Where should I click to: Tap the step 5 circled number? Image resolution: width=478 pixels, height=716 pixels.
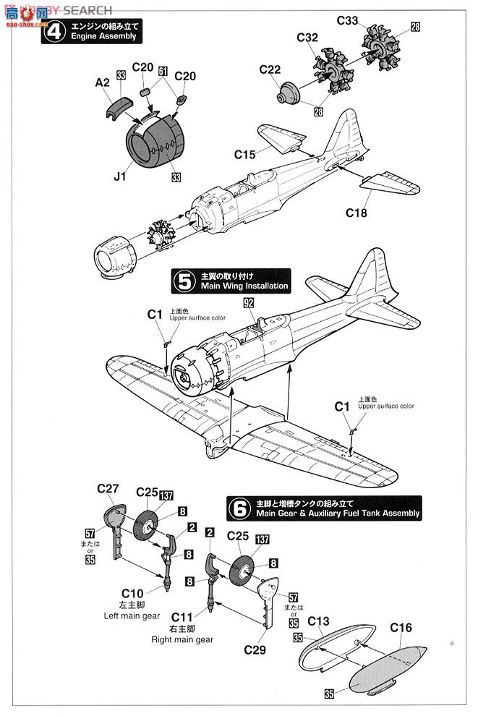click(185, 281)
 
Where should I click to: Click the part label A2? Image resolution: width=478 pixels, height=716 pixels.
click(103, 83)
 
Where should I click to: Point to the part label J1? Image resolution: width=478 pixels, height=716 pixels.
click(119, 174)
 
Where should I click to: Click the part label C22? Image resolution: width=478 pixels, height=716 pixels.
click(270, 69)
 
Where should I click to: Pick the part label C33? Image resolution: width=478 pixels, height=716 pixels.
click(348, 21)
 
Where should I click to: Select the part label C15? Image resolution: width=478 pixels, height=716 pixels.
click(245, 154)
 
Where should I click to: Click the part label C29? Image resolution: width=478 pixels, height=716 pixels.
click(255, 649)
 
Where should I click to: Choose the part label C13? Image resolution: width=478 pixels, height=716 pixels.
click(318, 621)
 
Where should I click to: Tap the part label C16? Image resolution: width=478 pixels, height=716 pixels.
click(401, 627)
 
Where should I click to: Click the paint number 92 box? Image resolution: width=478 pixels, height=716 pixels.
click(248, 304)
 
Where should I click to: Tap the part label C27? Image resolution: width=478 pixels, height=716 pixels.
click(108, 489)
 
